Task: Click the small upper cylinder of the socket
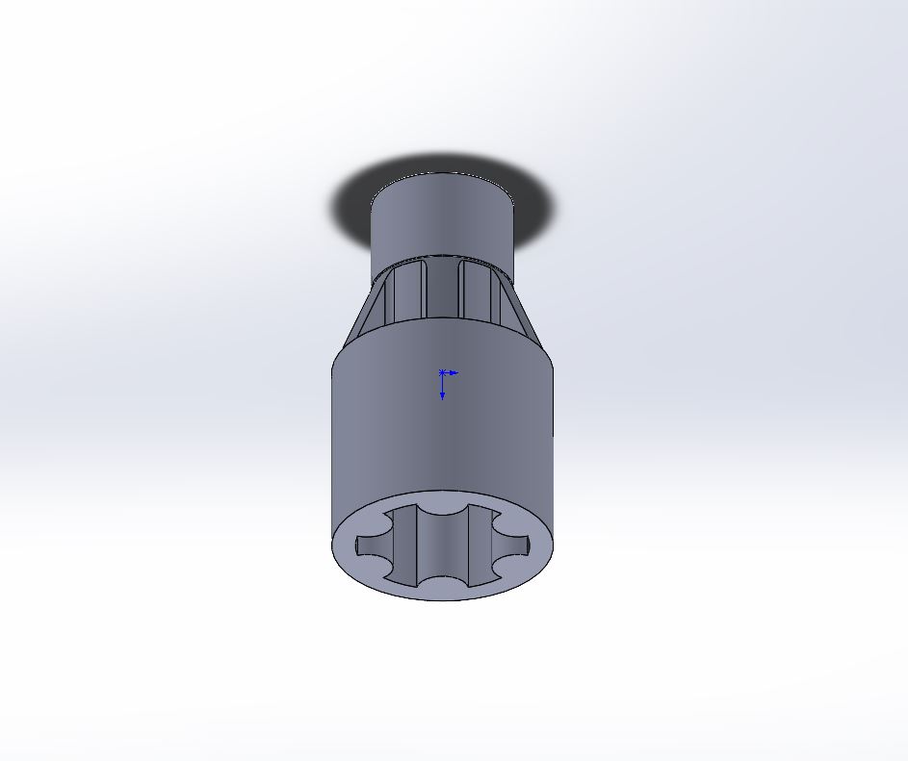443,216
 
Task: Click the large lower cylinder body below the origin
442,443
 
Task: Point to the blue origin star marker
442,372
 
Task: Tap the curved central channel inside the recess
442,548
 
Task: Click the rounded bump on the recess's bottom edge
443,583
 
